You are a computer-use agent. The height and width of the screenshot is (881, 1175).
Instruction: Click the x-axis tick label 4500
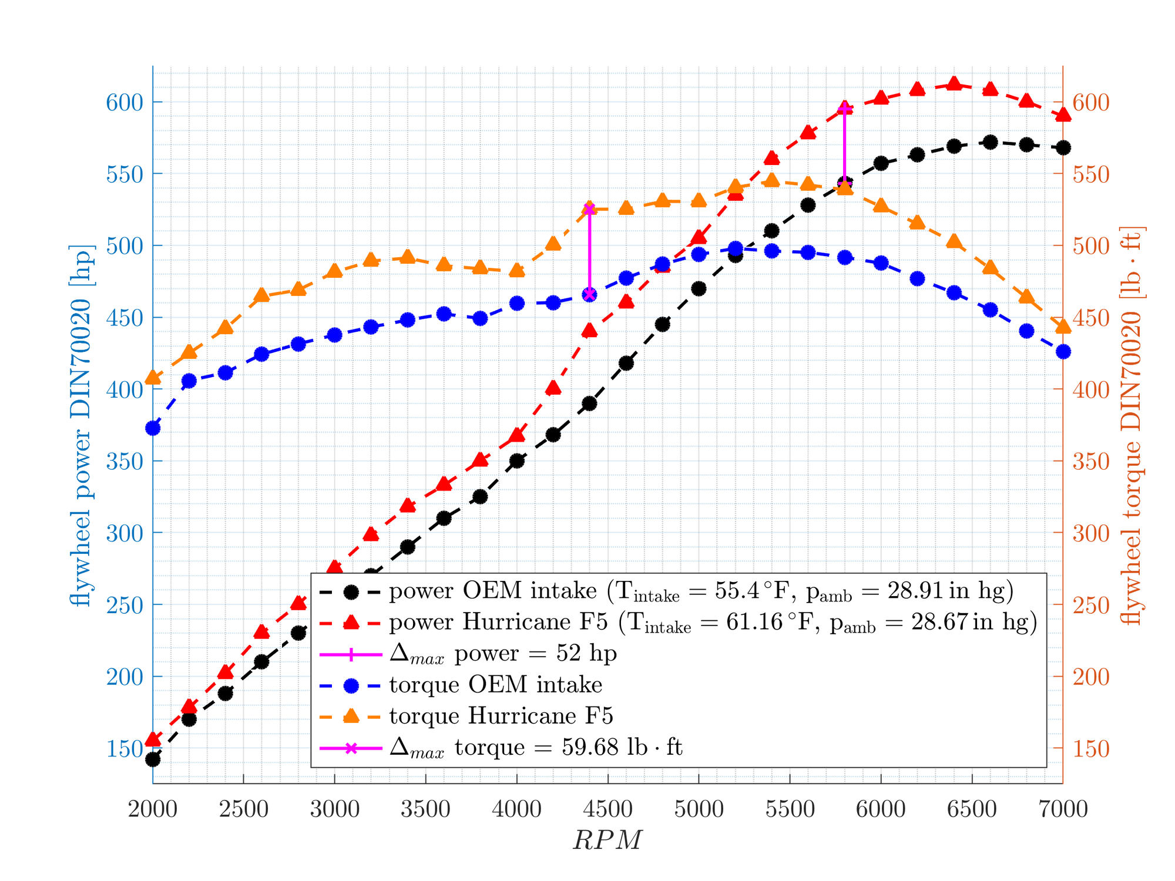[x=607, y=809]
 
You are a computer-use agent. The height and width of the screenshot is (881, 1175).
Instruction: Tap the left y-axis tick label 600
[x=125, y=103]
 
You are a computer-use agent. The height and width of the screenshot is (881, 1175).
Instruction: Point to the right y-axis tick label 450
[x=1091, y=318]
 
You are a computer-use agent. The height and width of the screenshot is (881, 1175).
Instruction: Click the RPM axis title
[x=607, y=840]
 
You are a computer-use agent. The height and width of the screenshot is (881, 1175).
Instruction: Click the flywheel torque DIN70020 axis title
[x=1130, y=425]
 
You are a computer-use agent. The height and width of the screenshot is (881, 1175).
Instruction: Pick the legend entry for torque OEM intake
[x=495, y=685]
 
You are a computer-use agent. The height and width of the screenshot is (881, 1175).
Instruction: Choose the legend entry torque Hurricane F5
[x=501, y=716]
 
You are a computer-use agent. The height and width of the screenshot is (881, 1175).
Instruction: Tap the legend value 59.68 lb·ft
[x=622, y=747]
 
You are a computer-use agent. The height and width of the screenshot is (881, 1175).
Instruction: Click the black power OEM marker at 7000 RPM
[x=1063, y=147]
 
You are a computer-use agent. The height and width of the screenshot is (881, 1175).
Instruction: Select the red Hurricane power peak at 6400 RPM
[x=954, y=84]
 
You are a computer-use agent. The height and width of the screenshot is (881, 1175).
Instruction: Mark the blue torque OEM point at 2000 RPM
[x=153, y=428]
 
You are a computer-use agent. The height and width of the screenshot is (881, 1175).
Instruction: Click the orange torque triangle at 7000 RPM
[x=1063, y=327]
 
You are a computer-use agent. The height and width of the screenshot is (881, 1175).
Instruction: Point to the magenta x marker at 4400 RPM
[x=590, y=295]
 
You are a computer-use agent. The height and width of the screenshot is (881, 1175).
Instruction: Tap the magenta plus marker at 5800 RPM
[x=845, y=108]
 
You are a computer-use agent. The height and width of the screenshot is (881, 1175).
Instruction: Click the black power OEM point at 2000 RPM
[x=153, y=759]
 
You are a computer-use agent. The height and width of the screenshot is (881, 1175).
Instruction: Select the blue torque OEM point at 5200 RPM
[x=736, y=248]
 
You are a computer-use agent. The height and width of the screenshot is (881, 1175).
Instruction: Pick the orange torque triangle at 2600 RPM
[x=262, y=295]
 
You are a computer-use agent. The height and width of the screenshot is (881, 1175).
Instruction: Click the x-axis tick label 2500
[x=243, y=809]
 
